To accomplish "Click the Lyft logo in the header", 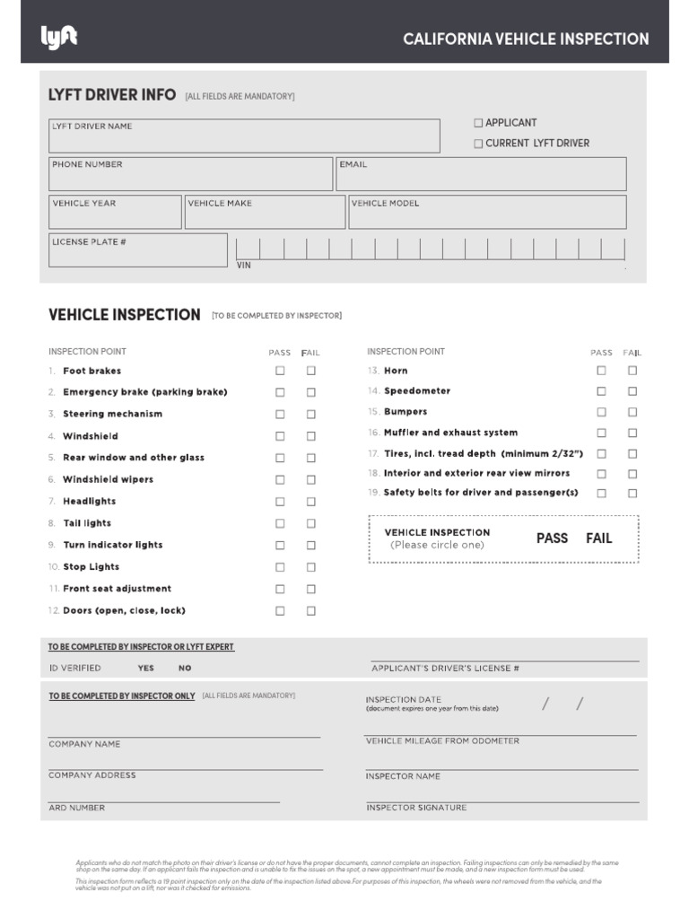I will point(59,37).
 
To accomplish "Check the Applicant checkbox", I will point(478,123).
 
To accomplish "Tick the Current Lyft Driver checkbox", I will point(478,144).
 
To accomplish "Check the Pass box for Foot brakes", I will point(280,371).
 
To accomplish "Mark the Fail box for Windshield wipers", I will point(310,479).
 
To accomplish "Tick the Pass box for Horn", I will point(601,371).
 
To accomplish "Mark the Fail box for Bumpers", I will point(632,412).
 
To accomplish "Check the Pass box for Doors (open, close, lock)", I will point(280,610).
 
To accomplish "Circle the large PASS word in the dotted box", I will point(552,538).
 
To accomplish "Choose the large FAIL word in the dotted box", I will point(598,538).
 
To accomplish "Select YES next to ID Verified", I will point(145,668).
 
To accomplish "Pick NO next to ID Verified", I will point(185,668).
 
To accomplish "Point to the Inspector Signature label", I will point(416,808).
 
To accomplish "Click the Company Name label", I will point(84,744).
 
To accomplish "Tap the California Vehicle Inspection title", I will point(526,39).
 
